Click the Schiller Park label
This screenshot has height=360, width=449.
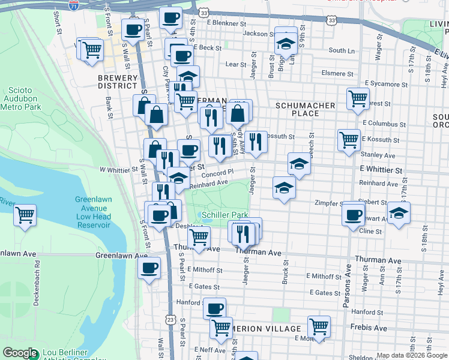[x=224, y=215]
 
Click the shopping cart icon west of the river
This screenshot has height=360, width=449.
[x=25, y=214]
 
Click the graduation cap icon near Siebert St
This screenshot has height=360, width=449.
[x=399, y=212]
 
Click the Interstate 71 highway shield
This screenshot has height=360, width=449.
[x=73, y=5]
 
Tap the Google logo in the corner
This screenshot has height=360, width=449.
[x=20, y=353]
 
